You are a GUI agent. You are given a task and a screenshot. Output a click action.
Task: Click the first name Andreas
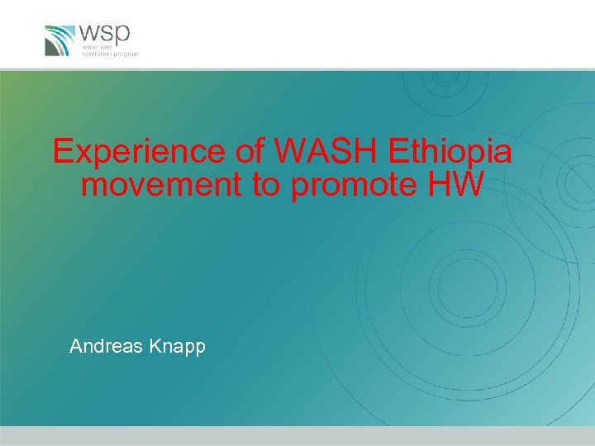tap(105, 346)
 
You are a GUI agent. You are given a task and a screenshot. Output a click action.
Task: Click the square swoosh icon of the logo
tap(59, 40)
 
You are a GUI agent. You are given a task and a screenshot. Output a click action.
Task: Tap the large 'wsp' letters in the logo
tap(104, 35)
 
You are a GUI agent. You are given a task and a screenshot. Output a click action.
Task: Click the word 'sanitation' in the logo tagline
tap(95, 54)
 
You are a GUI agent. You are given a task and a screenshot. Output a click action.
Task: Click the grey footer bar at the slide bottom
tap(297, 436)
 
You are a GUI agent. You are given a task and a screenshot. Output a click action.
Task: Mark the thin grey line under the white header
tap(297, 69)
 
